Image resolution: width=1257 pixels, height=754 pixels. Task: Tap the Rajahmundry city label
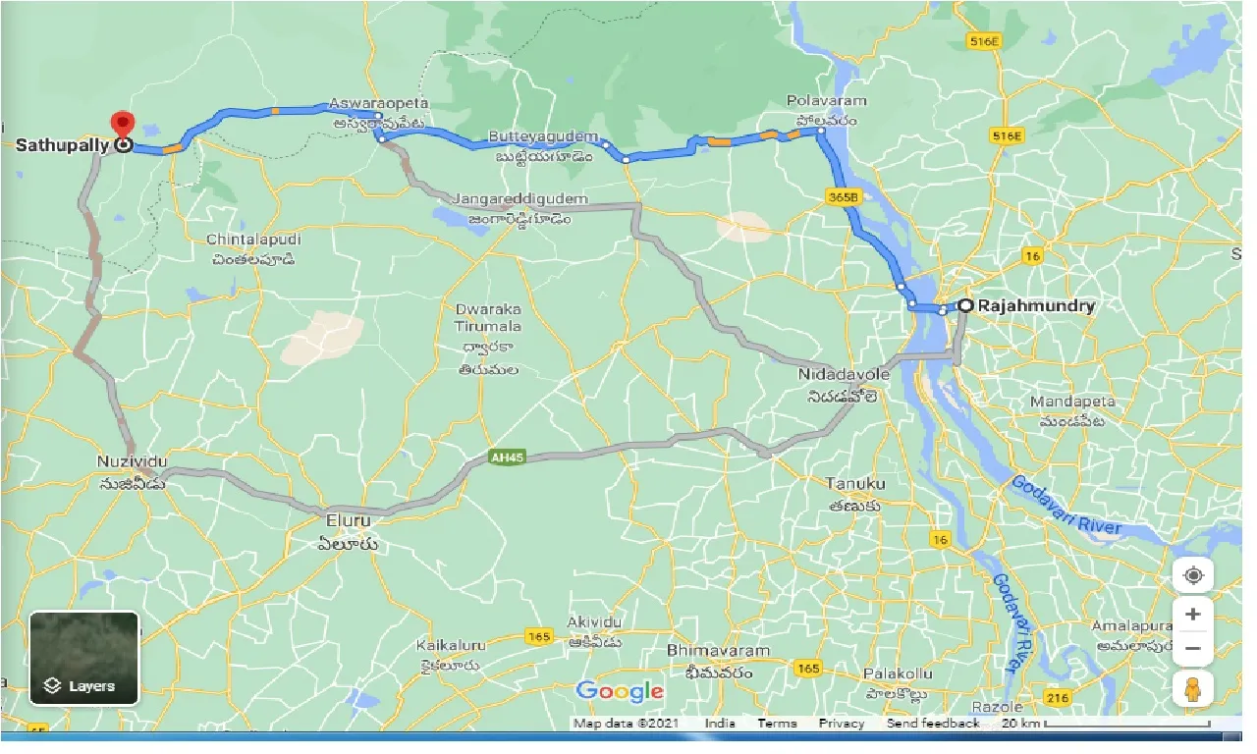click(1036, 306)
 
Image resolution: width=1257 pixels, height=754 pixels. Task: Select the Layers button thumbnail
click(84, 659)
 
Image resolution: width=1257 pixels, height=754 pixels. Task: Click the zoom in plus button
click(1193, 615)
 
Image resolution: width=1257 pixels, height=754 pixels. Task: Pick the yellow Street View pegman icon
click(1193, 689)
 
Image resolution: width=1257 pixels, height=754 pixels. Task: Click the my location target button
click(1193, 575)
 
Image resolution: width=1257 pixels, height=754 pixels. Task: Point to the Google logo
click(620, 691)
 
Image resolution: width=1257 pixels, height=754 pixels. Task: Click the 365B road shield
click(843, 196)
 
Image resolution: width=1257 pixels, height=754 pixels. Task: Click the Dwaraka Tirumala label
click(487, 317)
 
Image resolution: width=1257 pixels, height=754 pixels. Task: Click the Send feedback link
click(933, 724)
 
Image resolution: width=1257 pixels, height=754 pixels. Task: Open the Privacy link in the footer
click(842, 724)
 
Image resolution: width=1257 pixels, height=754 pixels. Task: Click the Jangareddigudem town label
click(519, 199)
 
